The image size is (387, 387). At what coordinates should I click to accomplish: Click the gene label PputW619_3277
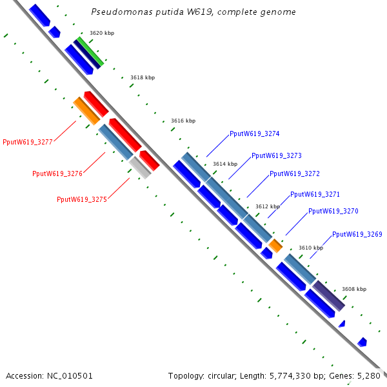tap(27, 142)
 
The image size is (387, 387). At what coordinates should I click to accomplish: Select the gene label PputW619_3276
tap(57, 174)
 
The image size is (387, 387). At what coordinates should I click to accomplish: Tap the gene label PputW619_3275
tap(81, 199)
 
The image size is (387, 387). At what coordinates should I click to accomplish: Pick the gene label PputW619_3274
tap(254, 134)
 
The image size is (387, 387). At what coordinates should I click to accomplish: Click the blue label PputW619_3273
tap(276, 156)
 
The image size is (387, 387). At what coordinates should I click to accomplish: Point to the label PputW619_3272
tap(294, 174)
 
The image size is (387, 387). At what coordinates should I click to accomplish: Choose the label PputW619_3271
tap(315, 194)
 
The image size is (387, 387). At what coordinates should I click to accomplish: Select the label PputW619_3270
tap(333, 211)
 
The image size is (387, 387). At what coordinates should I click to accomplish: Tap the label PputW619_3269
tap(357, 234)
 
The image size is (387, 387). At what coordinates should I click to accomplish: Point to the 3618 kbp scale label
tap(143, 77)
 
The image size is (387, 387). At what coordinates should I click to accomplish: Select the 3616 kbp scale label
tap(183, 121)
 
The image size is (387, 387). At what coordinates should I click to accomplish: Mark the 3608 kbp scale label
tap(354, 289)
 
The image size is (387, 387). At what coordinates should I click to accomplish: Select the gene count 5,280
tap(369, 375)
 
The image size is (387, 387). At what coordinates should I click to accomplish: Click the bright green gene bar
tap(90, 52)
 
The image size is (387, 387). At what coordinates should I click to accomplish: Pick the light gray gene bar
tap(141, 168)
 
